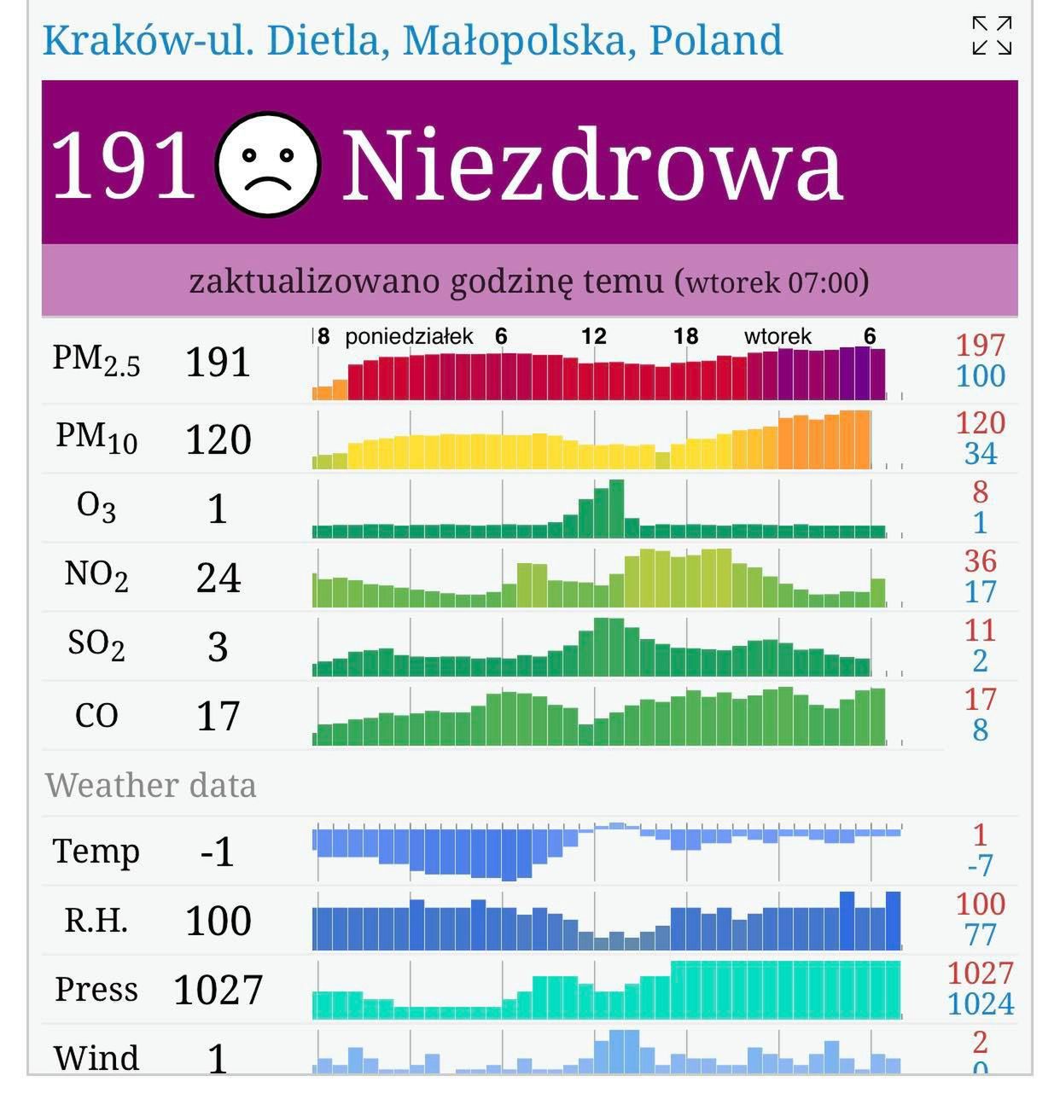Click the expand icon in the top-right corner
coord(992,36)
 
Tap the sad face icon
coord(268,164)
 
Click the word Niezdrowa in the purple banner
coord(592,166)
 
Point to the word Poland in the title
coord(715,40)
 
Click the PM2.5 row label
coord(96,361)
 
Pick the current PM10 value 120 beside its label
coord(218,440)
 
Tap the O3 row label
coord(96,509)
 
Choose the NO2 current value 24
coord(218,578)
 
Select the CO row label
coord(96,715)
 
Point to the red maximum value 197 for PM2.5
coord(980,346)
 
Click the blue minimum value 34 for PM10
coord(980,454)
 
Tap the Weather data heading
coord(151,785)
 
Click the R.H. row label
coord(96,921)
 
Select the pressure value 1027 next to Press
coord(218,991)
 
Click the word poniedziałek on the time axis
coord(409,337)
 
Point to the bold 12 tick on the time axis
coord(594,337)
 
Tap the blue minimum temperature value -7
coord(980,866)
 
